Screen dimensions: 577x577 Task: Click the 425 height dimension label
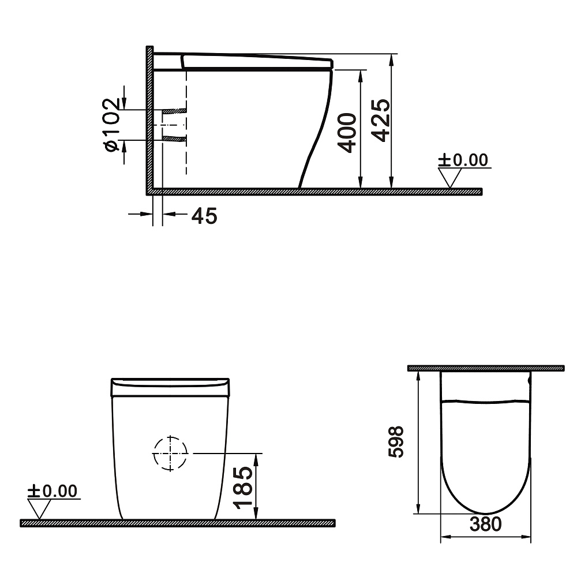[x=380, y=121]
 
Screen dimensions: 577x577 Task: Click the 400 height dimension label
[x=347, y=133]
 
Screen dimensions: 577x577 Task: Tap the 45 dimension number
[x=204, y=216]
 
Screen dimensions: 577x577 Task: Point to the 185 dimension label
[x=243, y=488]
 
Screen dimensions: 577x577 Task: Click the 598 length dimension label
[x=396, y=442]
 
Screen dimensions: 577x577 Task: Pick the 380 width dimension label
[x=485, y=524]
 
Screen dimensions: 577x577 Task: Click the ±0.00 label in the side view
[x=463, y=160]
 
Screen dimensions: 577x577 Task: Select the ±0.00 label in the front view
[x=53, y=491]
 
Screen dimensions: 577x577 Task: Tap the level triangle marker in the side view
[x=449, y=178]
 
